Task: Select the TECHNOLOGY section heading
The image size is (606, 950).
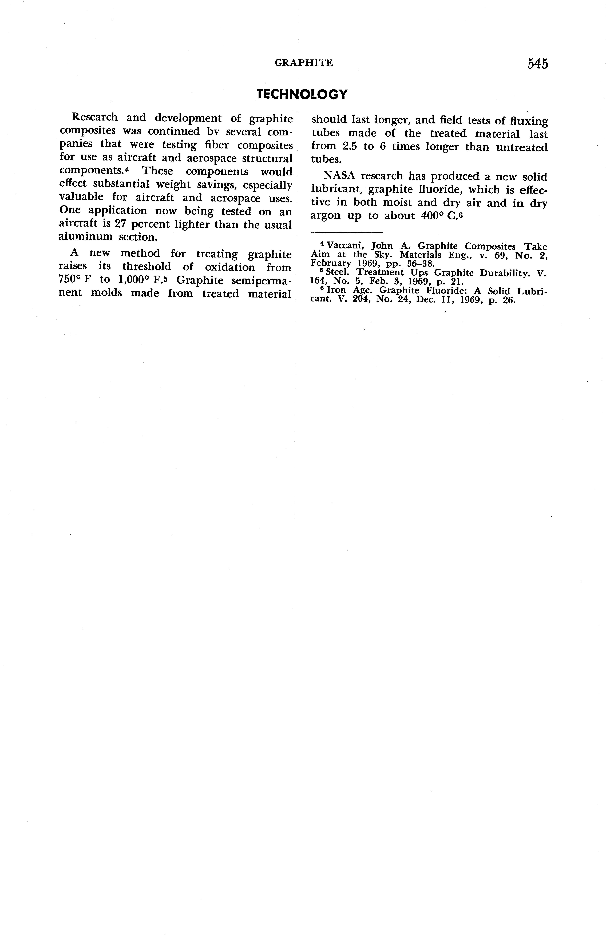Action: (x=302, y=94)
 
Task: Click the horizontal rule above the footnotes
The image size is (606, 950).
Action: (x=347, y=232)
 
